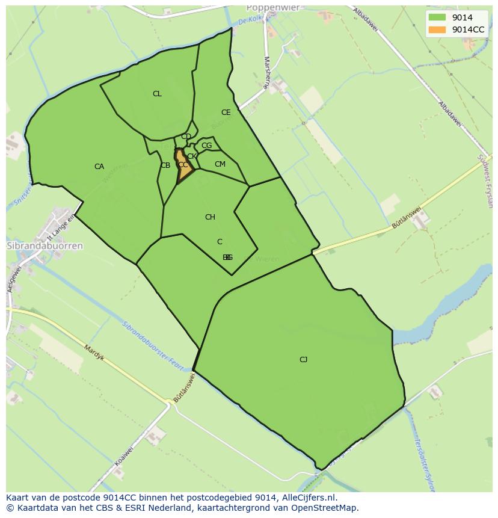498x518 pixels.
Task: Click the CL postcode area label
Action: point(157,94)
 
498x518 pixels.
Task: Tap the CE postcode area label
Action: point(226,113)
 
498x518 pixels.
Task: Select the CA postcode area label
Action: point(99,167)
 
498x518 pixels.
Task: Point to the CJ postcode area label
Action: point(303,360)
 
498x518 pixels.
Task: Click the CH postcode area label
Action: point(210,217)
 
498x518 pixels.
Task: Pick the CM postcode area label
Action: point(220,164)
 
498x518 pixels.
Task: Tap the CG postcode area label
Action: point(206,146)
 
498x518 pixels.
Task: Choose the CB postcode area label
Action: point(165,165)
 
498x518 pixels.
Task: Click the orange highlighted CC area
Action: point(183,167)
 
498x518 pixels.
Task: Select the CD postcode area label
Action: point(186,137)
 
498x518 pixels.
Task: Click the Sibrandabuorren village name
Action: point(45,246)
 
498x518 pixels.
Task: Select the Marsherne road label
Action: point(266,72)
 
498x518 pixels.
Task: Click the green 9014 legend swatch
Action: point(437,17)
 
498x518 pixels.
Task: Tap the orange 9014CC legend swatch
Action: point(437,29)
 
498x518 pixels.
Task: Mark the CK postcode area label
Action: point(192,156)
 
